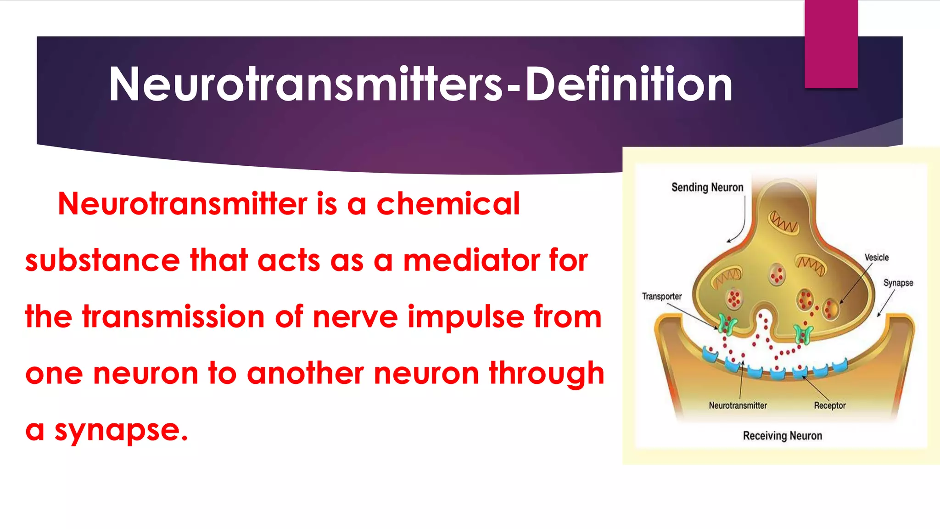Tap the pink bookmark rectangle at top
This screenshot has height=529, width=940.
coord(831,44)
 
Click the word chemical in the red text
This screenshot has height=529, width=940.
coord(448,203)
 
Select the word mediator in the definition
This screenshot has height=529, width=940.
coord(472,260)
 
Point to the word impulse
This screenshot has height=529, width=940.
coord(466,317)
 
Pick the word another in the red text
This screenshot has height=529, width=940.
coord(305,373)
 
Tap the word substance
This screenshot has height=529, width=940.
coord(102,260)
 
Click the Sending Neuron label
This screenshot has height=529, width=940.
coord(707,187)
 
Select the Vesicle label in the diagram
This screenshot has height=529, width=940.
coord(876,258)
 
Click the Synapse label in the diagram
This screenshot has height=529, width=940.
coord(898,283)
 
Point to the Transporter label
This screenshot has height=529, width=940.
coord(661,296)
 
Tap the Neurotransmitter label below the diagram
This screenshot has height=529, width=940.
coord(738,405)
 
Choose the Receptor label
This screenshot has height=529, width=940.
coord(829,405)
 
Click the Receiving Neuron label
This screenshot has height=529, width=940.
coord(782,435)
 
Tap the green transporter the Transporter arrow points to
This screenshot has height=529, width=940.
coord(727,324)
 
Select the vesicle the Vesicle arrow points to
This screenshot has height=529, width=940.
coord(830,308)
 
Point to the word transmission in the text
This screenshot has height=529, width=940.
coord(173,317)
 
